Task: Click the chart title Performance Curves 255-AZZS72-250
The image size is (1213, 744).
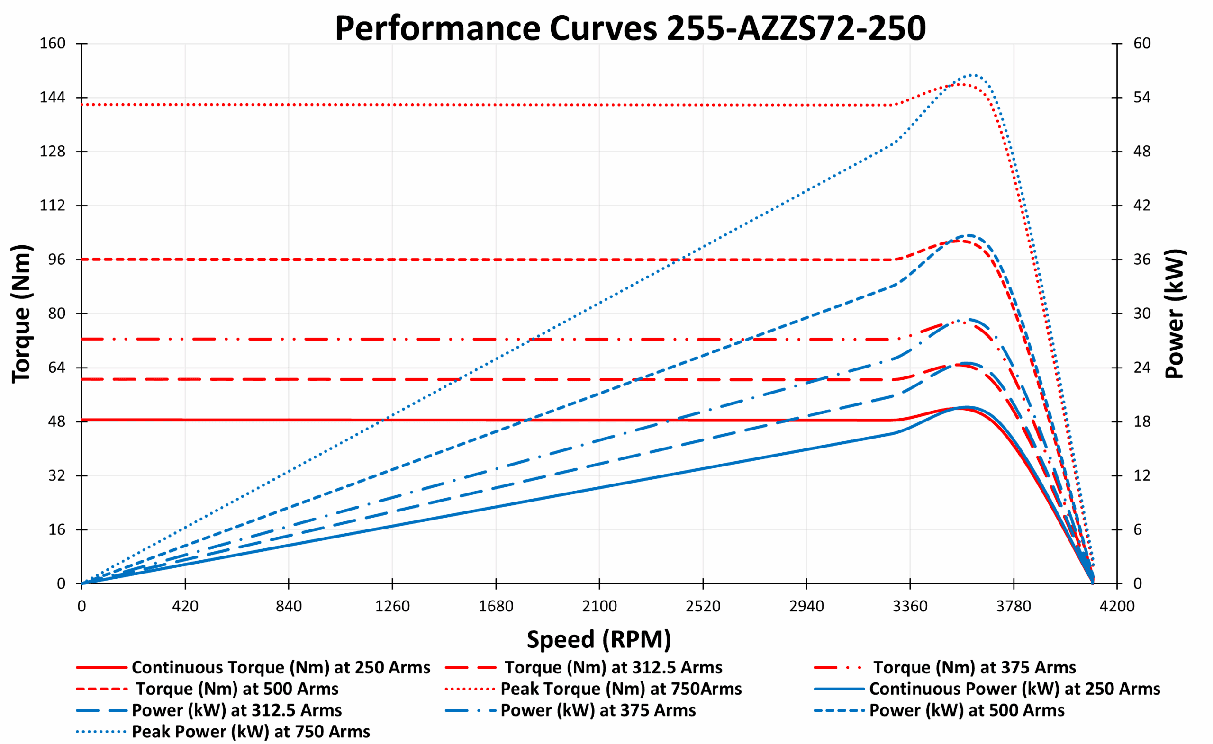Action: tap(630, 28)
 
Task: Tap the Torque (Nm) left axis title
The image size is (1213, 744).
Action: tap(22, 314)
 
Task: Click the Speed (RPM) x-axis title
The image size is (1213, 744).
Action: tap(599, 640)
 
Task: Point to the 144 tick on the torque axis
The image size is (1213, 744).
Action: tap(52, 98)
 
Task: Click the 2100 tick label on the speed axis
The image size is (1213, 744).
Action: tap(599, 606)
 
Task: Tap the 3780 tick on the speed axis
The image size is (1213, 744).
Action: tap(1014, 606)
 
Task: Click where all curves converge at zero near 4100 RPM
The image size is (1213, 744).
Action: tap(1093, 583)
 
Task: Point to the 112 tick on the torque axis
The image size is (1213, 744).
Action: tap(52, 205)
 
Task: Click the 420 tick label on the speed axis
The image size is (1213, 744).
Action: tap(185, 606)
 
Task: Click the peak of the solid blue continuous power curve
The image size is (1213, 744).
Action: tap(966, 407)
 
